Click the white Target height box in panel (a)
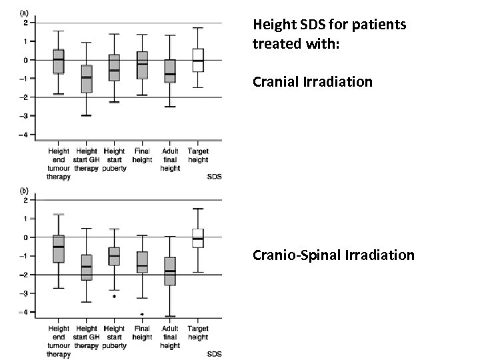coord(197,60)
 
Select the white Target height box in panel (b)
coord(197,238)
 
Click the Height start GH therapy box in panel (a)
coord(86,79)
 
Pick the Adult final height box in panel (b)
coord(170,271)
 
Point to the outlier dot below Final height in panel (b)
coord(142,314)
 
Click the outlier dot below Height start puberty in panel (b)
coord(114,296)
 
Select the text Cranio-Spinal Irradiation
coord(333,255)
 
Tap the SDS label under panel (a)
coord(216,176)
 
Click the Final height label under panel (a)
coord(142,155)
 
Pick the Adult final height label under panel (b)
coord(170,337)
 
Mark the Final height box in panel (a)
coord(142,65)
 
